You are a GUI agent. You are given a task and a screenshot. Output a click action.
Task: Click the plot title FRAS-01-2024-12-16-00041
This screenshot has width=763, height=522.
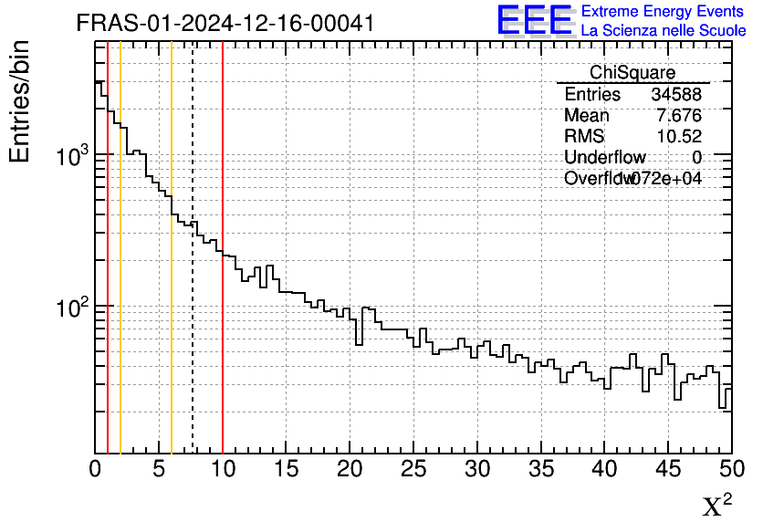point(225,23)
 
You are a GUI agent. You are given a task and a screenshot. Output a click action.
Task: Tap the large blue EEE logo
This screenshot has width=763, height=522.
point(534,20)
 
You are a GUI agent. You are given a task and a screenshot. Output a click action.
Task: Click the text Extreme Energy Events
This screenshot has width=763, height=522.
point(663,11)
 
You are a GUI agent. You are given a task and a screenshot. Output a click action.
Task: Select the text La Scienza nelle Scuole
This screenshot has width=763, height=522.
point(663,30)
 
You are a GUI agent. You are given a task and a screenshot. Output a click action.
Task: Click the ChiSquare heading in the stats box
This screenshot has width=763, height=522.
point(632,72)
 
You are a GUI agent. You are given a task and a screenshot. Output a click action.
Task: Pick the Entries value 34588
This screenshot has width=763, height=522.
point(676,94)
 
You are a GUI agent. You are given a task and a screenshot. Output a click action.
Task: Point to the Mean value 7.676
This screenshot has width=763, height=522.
point(679,115)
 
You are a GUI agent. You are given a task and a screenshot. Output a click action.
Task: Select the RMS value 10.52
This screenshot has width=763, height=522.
point(679,136)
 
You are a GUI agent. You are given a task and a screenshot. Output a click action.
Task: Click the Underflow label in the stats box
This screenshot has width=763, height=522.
point(605,157)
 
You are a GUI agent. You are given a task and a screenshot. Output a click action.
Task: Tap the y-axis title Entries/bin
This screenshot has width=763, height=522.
point(20,101)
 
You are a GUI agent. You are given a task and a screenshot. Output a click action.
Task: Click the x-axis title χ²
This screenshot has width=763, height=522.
point(716,506)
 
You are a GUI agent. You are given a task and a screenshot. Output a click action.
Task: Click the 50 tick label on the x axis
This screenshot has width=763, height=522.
point(730,469)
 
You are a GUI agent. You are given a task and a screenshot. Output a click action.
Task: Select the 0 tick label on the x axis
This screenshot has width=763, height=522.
point(96,469)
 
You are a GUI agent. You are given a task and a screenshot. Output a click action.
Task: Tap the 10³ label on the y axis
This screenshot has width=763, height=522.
point(71,156)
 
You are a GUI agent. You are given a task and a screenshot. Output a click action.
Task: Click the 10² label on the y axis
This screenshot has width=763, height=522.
point(71,308)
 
